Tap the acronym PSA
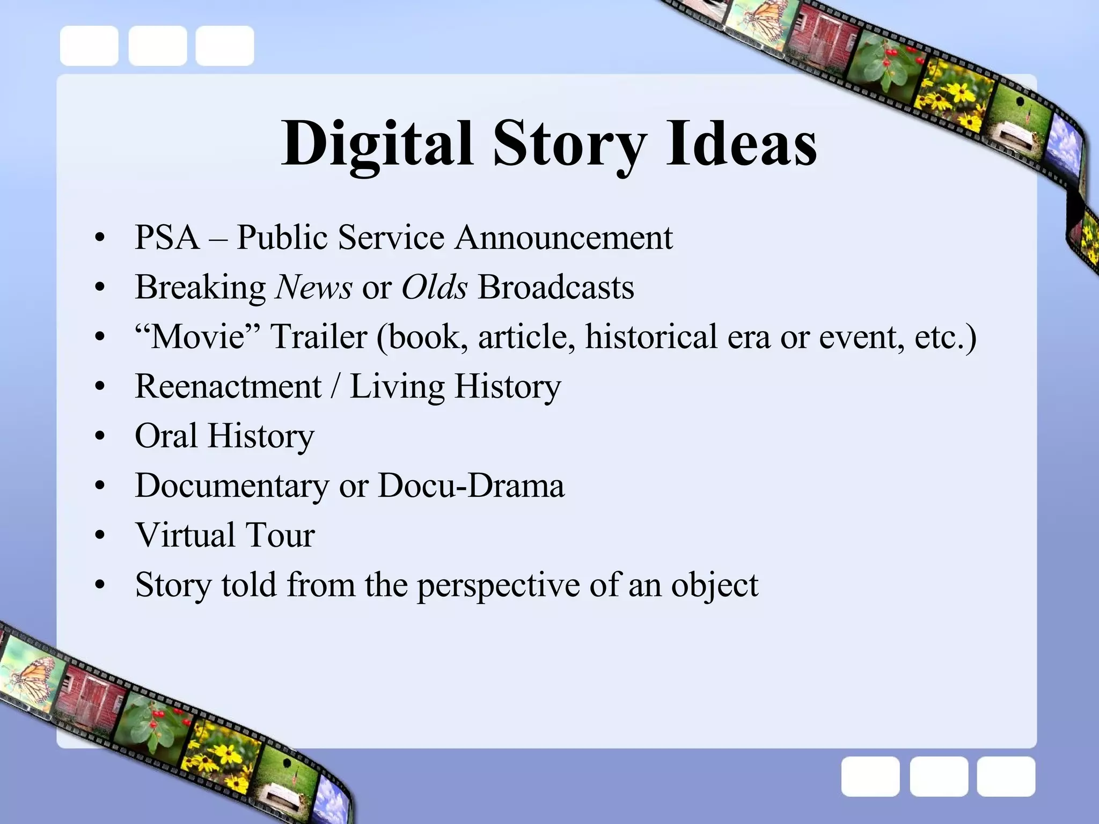(x=167, y=237)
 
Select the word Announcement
(x=563, y=237)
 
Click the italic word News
(x=313, y=287)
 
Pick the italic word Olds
(x=435, y=287)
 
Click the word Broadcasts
(x=556, y=287)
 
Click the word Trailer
(x=319, y=337)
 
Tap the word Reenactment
(x=228, y=386)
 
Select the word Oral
(x=166, y=436)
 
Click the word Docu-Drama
(x=471, y=485)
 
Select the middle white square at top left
(x=157, y=46)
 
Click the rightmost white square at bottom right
(x=1006, y=776)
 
